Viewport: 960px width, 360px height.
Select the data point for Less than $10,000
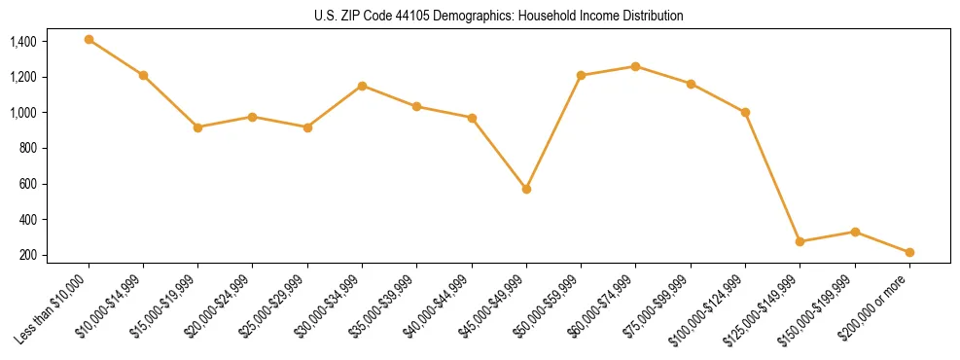[x=89, y=39]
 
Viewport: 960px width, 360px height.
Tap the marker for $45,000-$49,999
[x=526, y=189]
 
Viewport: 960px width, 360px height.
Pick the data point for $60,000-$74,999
[x=636, y=66]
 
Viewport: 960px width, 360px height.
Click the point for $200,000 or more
[x=909, y=252]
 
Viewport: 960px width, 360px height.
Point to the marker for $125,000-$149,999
[x=800, y=241]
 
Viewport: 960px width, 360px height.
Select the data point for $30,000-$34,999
[x=362, y=86]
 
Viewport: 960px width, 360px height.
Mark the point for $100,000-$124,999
[x=745, y=112]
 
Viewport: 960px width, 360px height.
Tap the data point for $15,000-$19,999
[x=198, y=127]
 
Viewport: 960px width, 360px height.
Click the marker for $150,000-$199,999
[x=855, y=232]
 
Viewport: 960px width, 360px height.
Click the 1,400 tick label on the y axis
[x=23, y=42]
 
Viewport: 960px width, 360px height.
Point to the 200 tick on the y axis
[x=27, y=256]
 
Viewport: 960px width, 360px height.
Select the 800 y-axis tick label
[x=27, y=149]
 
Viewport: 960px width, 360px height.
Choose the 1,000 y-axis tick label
[x=23, y=113]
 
